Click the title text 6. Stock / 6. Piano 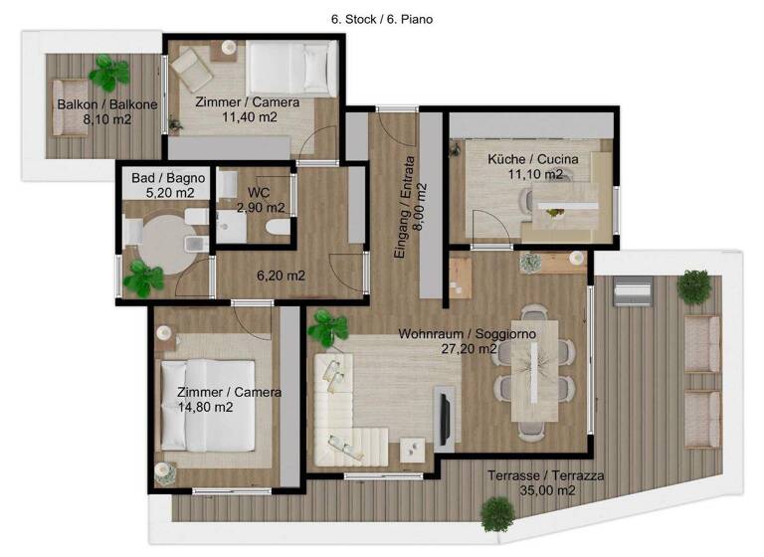click(x=382, y=18)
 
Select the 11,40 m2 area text click(x=250, y=116)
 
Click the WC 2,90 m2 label click(x=261, y=200)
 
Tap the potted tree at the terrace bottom click(x=495, y=514)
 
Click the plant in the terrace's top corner click(x=692, y=285)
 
